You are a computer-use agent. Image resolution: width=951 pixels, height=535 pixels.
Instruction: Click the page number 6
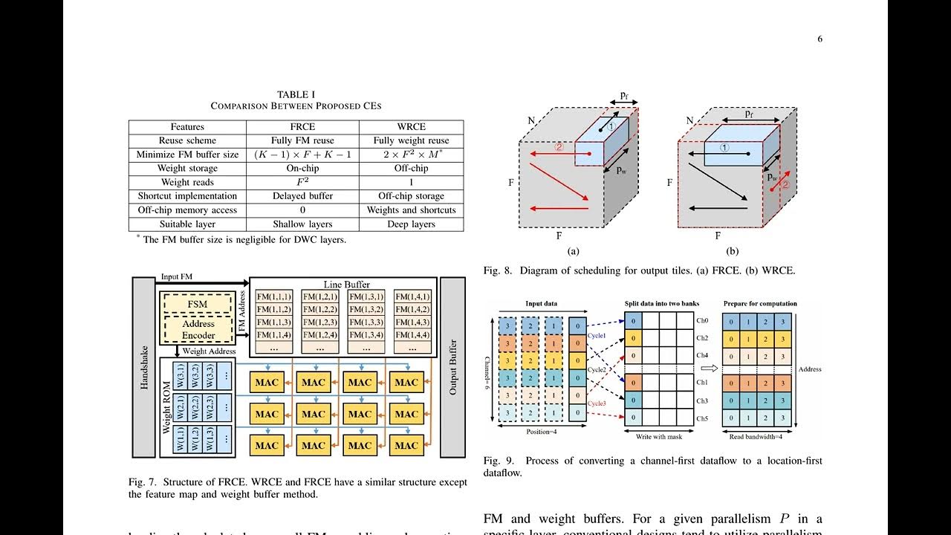coord(819,39)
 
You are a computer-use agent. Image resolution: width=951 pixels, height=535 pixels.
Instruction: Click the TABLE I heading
coord(296,94)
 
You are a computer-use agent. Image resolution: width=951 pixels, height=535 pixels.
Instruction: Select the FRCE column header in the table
coord(302,127)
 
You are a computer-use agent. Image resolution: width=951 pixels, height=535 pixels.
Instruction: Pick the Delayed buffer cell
coord(302,196)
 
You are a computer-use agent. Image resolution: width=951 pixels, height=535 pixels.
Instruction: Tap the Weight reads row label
coord(187,182)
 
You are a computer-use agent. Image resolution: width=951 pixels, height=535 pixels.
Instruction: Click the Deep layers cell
coord(411,224)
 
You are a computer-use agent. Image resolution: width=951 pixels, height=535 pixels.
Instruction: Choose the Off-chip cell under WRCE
coord(411,169)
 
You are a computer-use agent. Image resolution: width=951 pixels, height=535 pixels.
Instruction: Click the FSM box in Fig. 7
coord(198,305)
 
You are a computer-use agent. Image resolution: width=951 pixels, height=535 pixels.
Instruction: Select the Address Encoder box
coord(198,329)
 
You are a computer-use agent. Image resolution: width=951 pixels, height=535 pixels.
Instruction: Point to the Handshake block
coord(144,368)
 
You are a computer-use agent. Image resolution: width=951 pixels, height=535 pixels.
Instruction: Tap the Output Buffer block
coord(452,368)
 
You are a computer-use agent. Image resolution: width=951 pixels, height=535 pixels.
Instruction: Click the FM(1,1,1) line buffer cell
coord(274,296)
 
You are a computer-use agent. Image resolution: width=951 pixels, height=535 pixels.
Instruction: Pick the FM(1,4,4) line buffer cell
coord(413,334)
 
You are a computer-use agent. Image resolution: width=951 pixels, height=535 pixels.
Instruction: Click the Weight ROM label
coord(167,408)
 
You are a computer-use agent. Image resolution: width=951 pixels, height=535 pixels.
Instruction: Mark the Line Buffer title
coord(346,285)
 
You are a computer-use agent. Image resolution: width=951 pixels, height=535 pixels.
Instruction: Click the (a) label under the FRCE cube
coord(573,251)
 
